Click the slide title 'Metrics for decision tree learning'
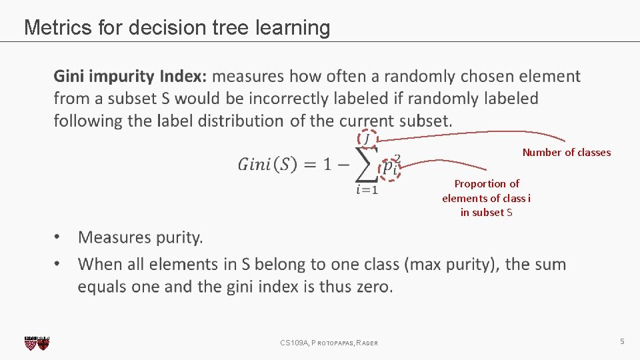pyautogui.click(x=177, y=27)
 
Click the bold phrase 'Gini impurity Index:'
pyautogui.click(x=130, y=77)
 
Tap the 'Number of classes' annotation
pyautogui.click(x=566, y=153)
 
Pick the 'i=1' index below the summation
pyautogui.click(x=367, y=190)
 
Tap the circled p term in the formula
pyautogui.click(x=389, y=166)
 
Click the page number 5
pyautogui.click(x=621, y=341)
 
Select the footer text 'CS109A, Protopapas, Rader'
pyautogui.click(x=329, y=343)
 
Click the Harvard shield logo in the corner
pyautogui.click(x=37, y=343)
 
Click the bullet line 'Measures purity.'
pyautogui.click(x=140, y=237)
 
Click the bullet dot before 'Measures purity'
pyautogui.click(x=59, y=237)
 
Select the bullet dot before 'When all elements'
pyautogui.click(x=59, y=264)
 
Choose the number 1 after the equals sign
pyautogui.click(x=327, y=165)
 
